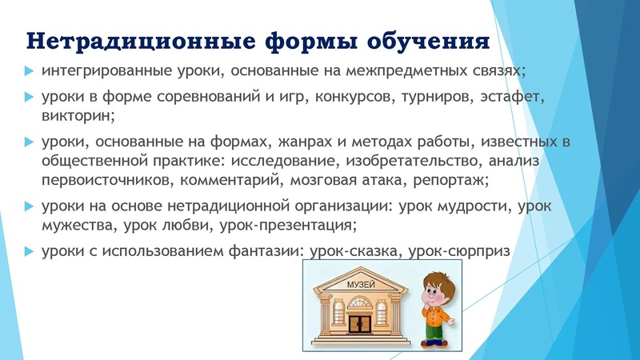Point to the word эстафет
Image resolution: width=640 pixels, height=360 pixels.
click(511, 98)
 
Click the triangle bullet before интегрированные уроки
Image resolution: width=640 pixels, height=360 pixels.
click(30, 70)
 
